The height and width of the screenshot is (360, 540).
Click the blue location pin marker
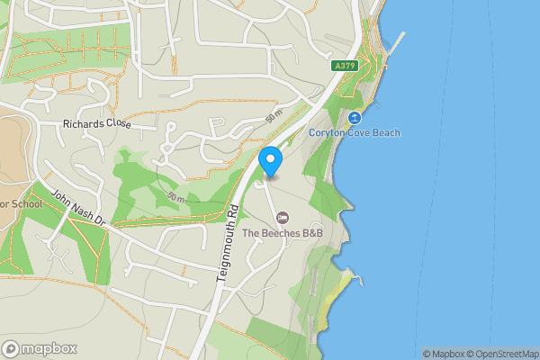pos(271,161)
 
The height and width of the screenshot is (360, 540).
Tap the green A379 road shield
pos(343,66)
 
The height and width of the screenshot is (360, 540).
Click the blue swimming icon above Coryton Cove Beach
pos(355,118)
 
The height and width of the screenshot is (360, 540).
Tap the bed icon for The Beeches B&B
pos(283,218)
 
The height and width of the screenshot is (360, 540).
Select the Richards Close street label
pos(97,125)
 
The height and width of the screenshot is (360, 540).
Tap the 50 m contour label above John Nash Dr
pos(176,197)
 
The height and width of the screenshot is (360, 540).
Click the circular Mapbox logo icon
pos(12,349)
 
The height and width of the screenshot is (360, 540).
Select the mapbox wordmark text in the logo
pos(50,349)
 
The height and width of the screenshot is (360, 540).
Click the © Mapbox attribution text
pos(446,354)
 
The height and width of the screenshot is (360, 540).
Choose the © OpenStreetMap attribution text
pos(506,354)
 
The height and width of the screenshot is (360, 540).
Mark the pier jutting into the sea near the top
pos(397,40)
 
